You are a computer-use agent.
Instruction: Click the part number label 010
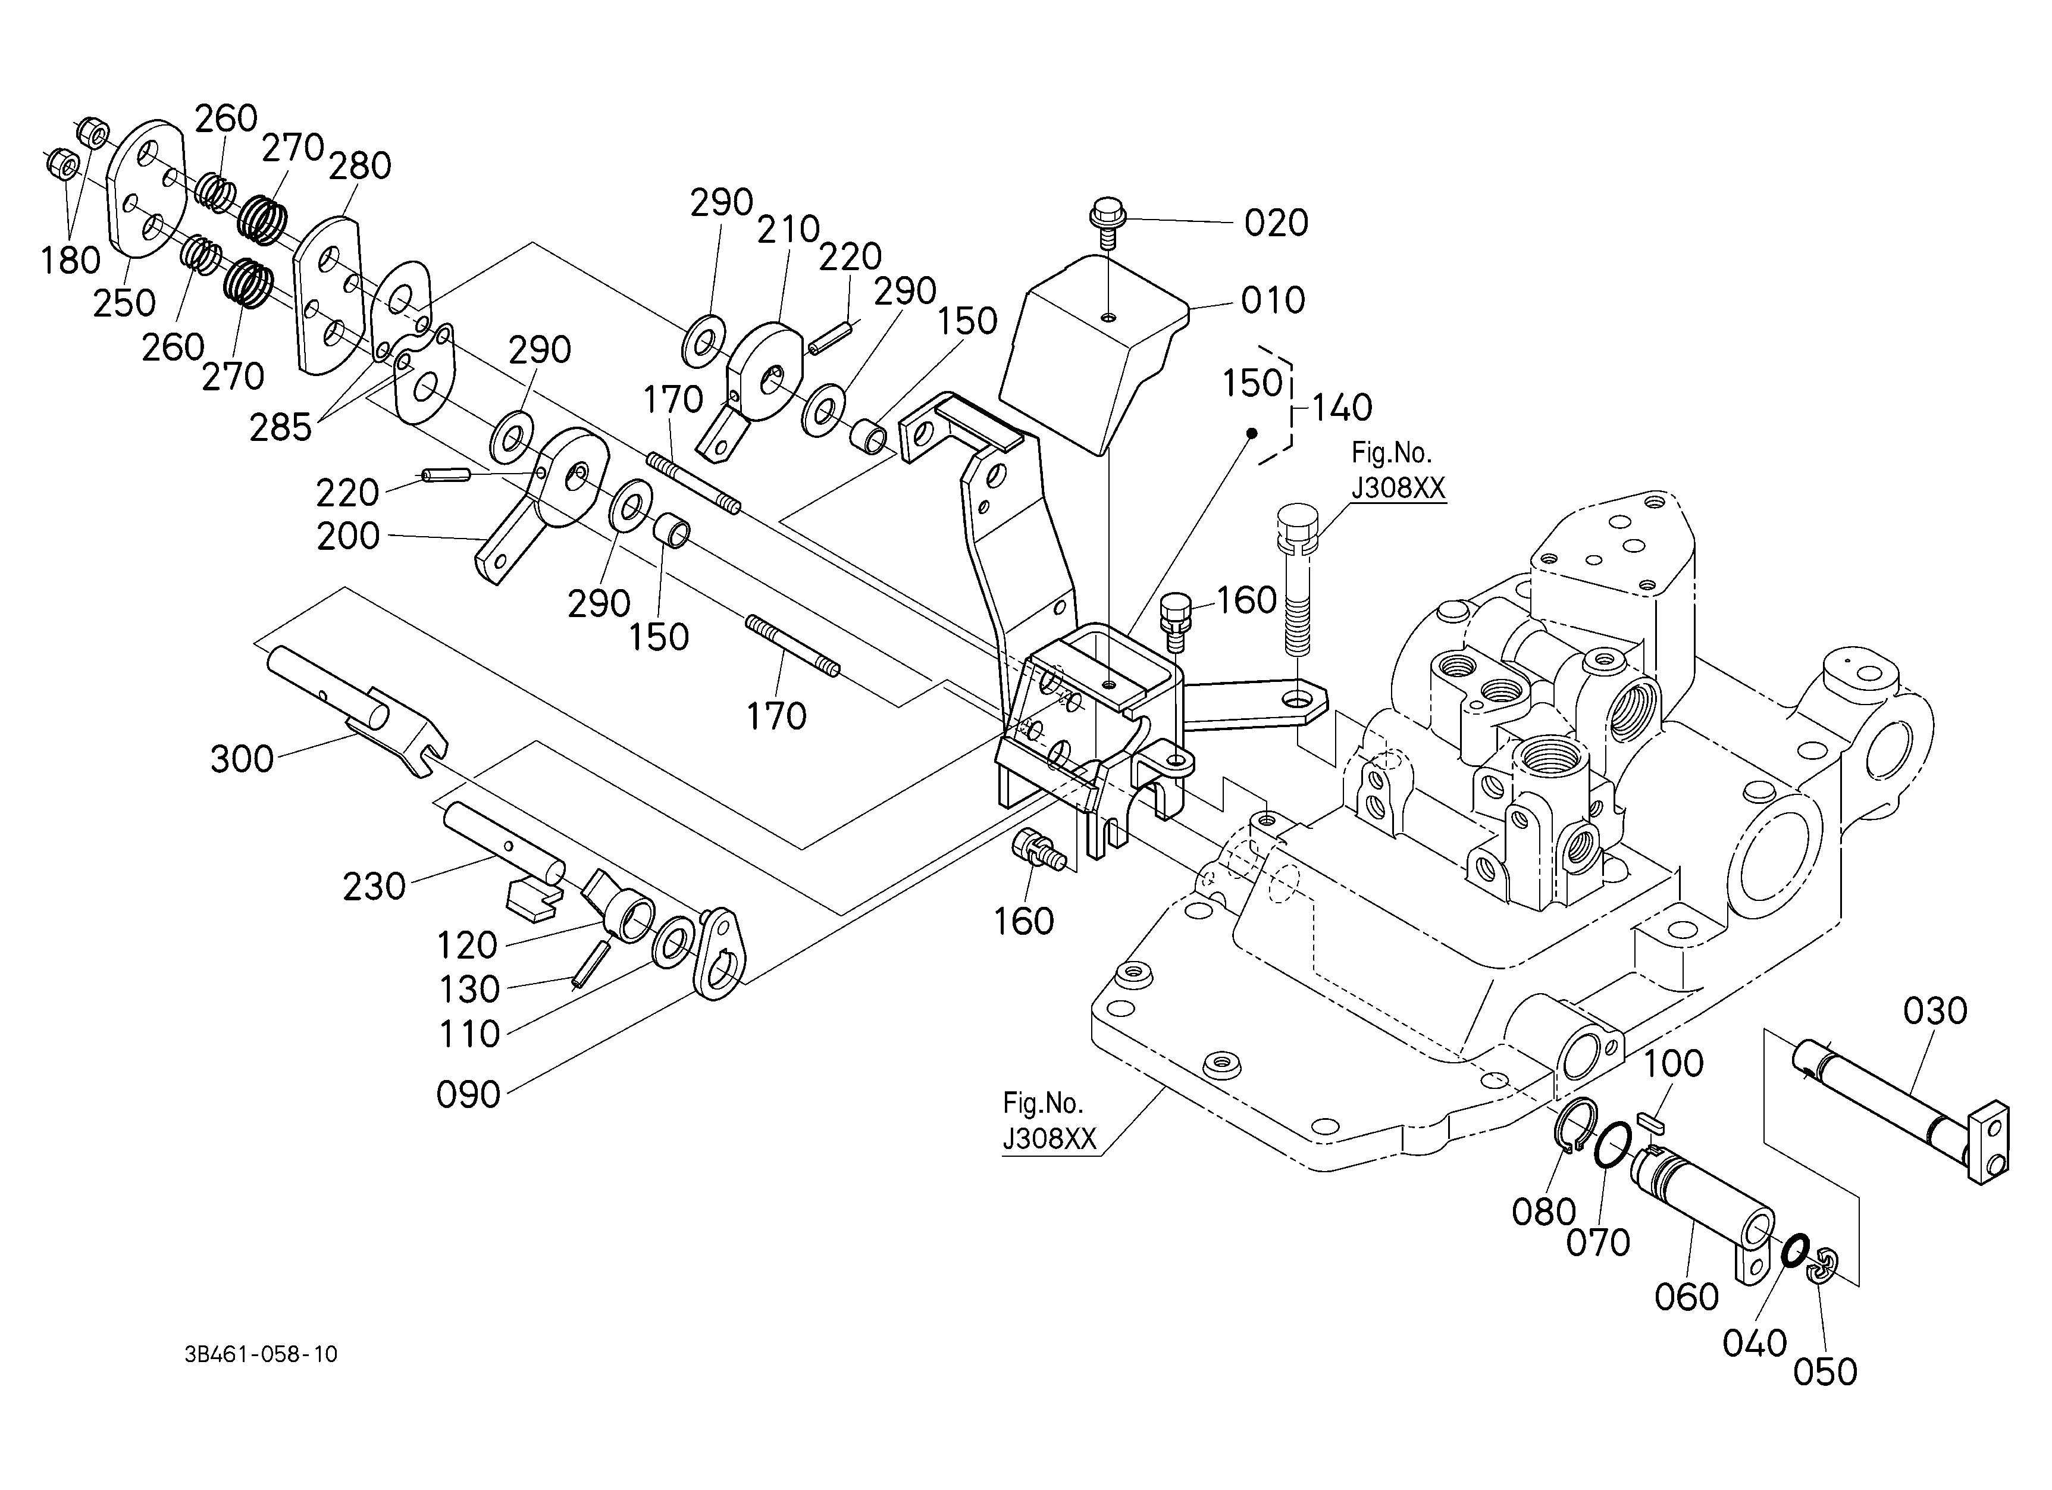tap(1273, 301)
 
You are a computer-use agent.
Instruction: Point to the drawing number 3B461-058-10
tap(261, 1354)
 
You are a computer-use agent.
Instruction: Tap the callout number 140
tap(1342, 408)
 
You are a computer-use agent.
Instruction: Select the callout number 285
tap(281, 428)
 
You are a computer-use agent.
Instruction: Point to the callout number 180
tap(71, 261)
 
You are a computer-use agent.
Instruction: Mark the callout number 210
tap(789, 230)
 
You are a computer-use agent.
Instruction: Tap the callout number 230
tap(374, 887)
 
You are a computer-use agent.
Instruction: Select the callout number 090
tap(469, 1095)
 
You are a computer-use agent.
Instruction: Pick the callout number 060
tap(1687, 1297)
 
